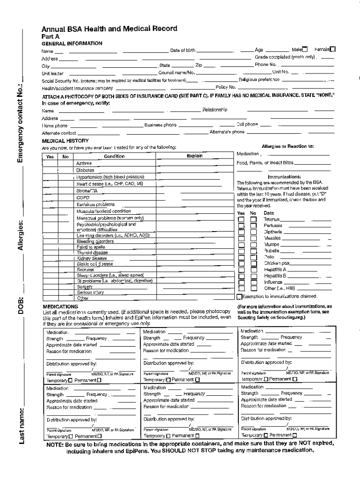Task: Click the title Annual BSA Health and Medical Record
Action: (109, 29)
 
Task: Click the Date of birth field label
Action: (183, 50)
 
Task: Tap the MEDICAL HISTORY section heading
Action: (65, 140)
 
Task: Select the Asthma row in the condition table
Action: (84, 163)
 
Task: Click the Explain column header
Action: (194, 156)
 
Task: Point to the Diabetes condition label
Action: (86, 170)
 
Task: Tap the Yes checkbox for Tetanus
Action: (241, 219)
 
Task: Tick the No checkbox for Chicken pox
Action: (253, 263)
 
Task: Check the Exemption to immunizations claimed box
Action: (239, 296)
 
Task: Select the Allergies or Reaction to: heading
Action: (288, 146)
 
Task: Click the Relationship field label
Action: (215, 110)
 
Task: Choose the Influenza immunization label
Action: (273, 283)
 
